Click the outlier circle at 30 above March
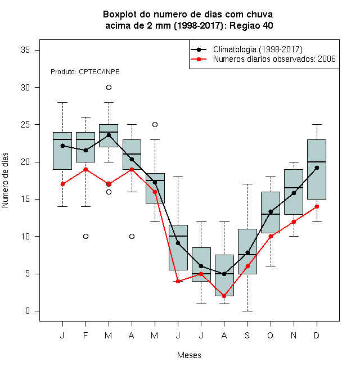tap(109, 88)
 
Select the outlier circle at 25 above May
tap(155, 124)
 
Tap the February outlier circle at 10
tap(85, 236)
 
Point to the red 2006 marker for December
tap(317, 206)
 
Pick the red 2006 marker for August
tap(224, 296)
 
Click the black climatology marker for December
tap(317, 168)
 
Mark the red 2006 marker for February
tap(85, 169)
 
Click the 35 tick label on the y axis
tap(25, 50)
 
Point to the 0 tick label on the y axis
tap(28, 311)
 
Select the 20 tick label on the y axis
tap(25, 162)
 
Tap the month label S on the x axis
tap(247, 335)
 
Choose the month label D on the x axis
tap(317, 335)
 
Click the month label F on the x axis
tap(85, 335)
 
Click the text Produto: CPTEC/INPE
tap(85, 72)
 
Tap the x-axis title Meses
tap(189, 355)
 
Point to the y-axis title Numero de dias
tap(5, 180)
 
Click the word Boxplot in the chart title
tap(120, 15)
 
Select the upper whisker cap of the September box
tap(247, 184)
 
